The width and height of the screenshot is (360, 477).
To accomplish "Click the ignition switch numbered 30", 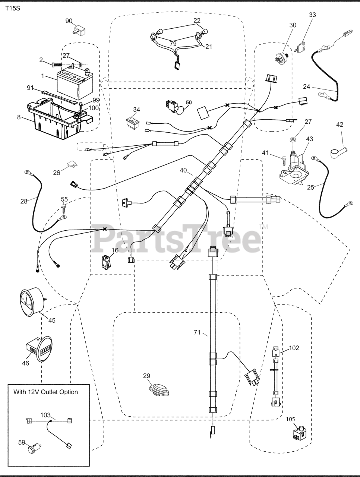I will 282,58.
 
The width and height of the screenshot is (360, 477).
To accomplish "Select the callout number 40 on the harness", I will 183,170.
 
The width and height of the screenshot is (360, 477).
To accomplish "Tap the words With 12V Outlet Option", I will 46,392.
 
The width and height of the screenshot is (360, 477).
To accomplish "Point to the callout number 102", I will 294,348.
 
